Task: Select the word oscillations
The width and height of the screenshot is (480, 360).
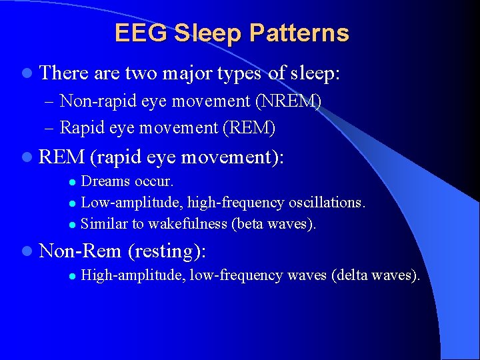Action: click(x=327, y=202)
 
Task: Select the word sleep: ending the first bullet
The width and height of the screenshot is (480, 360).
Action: click(x=315, y=73)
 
